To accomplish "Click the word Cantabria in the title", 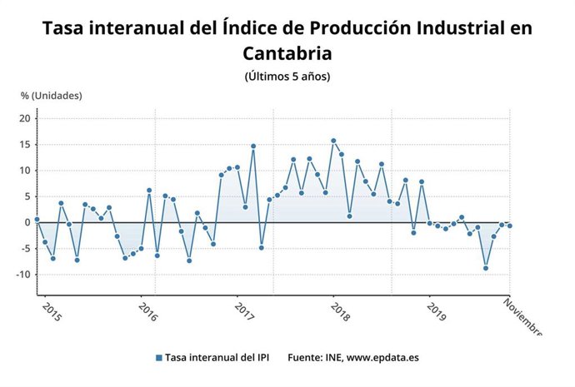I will tap(287, 53).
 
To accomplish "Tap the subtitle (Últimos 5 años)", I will tap(287, 77).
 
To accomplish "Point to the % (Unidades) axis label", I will tap(52, 96).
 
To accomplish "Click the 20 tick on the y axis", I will tap(25, 119).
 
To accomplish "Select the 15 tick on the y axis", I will tap(25, 145).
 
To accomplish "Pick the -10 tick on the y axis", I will tap(23, 274).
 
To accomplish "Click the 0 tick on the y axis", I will tap(27, 222).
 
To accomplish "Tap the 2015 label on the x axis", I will tap(51, 313).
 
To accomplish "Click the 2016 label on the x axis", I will tap(147, 313).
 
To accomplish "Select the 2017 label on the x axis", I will tap(242, 313).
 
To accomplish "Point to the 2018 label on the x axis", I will tap(338, 313).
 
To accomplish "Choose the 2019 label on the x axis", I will tap(434, 313).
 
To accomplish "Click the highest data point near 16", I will tap(333, 141).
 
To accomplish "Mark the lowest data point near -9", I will tap(486, 268).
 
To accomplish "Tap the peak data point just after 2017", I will tap(253, 146).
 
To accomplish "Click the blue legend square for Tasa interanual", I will tap(158, 358).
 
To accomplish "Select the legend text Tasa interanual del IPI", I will tap(216, 358).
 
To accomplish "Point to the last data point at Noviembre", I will tap(509, 226).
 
